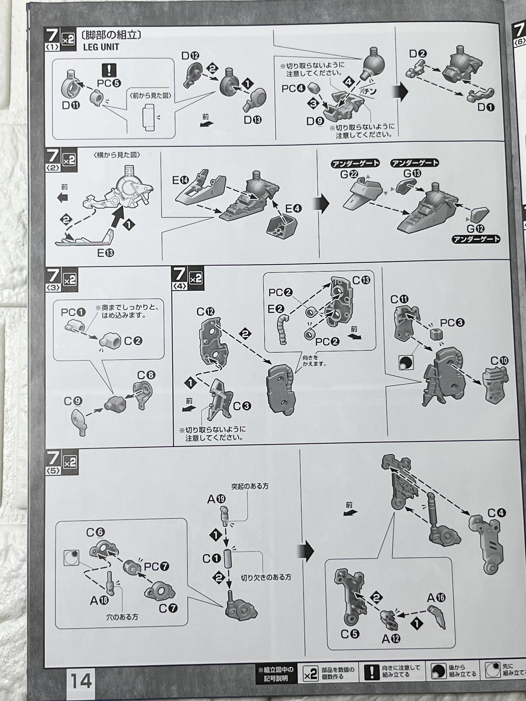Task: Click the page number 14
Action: (81, 681)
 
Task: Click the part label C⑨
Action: (73, 401)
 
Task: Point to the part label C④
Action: (496, 512)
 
